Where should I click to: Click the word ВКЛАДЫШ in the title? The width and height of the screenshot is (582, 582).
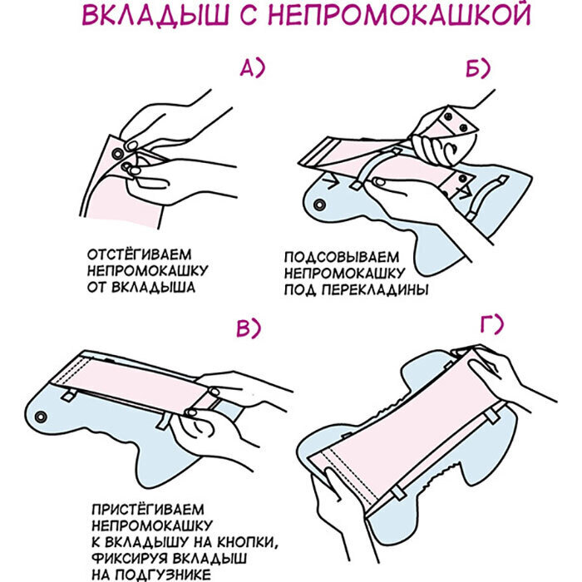[155, 15]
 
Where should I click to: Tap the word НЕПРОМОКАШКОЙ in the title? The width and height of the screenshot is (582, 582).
[399, 15]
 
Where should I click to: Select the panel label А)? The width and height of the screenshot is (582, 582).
[253, 68]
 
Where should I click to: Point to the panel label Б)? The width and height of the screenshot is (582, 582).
[478, 68]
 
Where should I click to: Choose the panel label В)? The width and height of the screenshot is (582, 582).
[249, 328]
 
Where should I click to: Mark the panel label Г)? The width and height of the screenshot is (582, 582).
[492, 323]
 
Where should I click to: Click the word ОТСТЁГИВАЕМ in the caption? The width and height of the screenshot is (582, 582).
[140, 255]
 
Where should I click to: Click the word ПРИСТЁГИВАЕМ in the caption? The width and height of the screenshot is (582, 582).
[148, 509]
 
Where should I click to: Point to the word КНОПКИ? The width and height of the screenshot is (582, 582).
[248, 542]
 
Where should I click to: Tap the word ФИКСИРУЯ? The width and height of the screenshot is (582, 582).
[130, 559]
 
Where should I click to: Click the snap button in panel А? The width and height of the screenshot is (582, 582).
[118, 153]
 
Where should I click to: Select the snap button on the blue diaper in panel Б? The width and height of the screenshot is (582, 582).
[319, 205]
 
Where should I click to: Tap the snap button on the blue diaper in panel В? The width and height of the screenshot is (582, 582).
[41, 417]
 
